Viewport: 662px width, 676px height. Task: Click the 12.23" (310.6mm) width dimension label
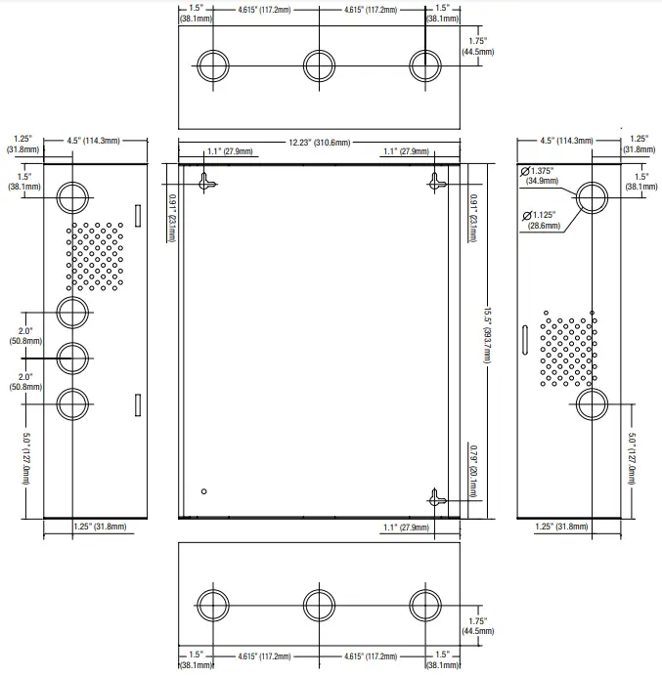pos(318,143)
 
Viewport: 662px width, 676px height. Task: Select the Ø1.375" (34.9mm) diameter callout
pos(540,176)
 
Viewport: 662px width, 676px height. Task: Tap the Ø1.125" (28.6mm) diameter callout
pos(540,220)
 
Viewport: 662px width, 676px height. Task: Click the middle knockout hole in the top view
pos(319,65)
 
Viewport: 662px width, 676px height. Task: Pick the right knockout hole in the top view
pos(424,65)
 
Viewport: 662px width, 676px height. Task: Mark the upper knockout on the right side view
pos(593,197)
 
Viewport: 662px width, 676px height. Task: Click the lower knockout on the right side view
pos(593,402)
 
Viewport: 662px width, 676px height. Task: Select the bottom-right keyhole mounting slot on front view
pos(435,497)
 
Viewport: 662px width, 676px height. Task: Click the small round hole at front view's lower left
pos(203,490)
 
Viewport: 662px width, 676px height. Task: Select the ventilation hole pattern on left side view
pos(96,256)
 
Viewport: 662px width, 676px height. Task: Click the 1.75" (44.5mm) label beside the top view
pos(476,47)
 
